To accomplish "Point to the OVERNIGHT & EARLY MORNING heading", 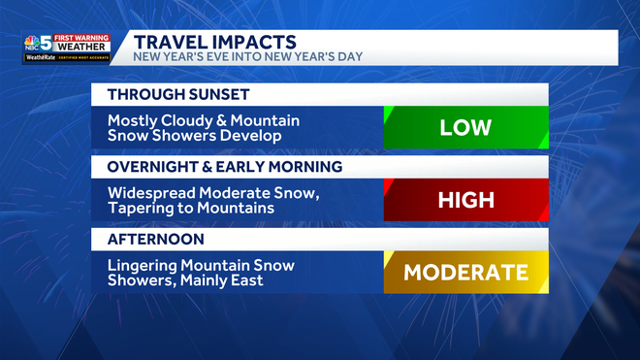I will coord(224,167).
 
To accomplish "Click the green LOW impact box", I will coord(465,128).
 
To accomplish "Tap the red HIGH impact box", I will coord(465,201).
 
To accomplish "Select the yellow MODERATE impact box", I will coord(465,273).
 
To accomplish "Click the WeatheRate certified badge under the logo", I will coord(67,58).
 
